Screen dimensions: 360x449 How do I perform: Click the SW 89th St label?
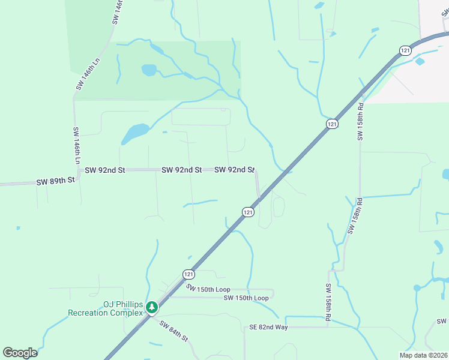55,181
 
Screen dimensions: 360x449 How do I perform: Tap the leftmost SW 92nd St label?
104,170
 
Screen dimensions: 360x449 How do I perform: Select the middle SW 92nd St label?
181,170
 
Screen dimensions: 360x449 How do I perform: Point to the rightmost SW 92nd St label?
235,170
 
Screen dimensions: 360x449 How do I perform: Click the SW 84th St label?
174,331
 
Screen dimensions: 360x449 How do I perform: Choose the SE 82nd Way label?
268,327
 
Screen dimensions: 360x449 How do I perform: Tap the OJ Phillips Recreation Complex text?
106,308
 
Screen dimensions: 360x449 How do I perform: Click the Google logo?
20,352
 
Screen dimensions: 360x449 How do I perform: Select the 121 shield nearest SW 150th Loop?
189,274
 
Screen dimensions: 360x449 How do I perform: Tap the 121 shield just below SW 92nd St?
249,212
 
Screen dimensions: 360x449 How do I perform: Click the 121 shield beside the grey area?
406,50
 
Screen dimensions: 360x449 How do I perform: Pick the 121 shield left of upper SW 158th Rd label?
332,124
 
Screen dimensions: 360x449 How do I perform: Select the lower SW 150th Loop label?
246,298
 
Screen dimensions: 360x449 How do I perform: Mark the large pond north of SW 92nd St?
135,133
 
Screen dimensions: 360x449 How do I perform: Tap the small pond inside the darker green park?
149,70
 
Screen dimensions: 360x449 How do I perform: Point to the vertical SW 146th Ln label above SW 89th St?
77,146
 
